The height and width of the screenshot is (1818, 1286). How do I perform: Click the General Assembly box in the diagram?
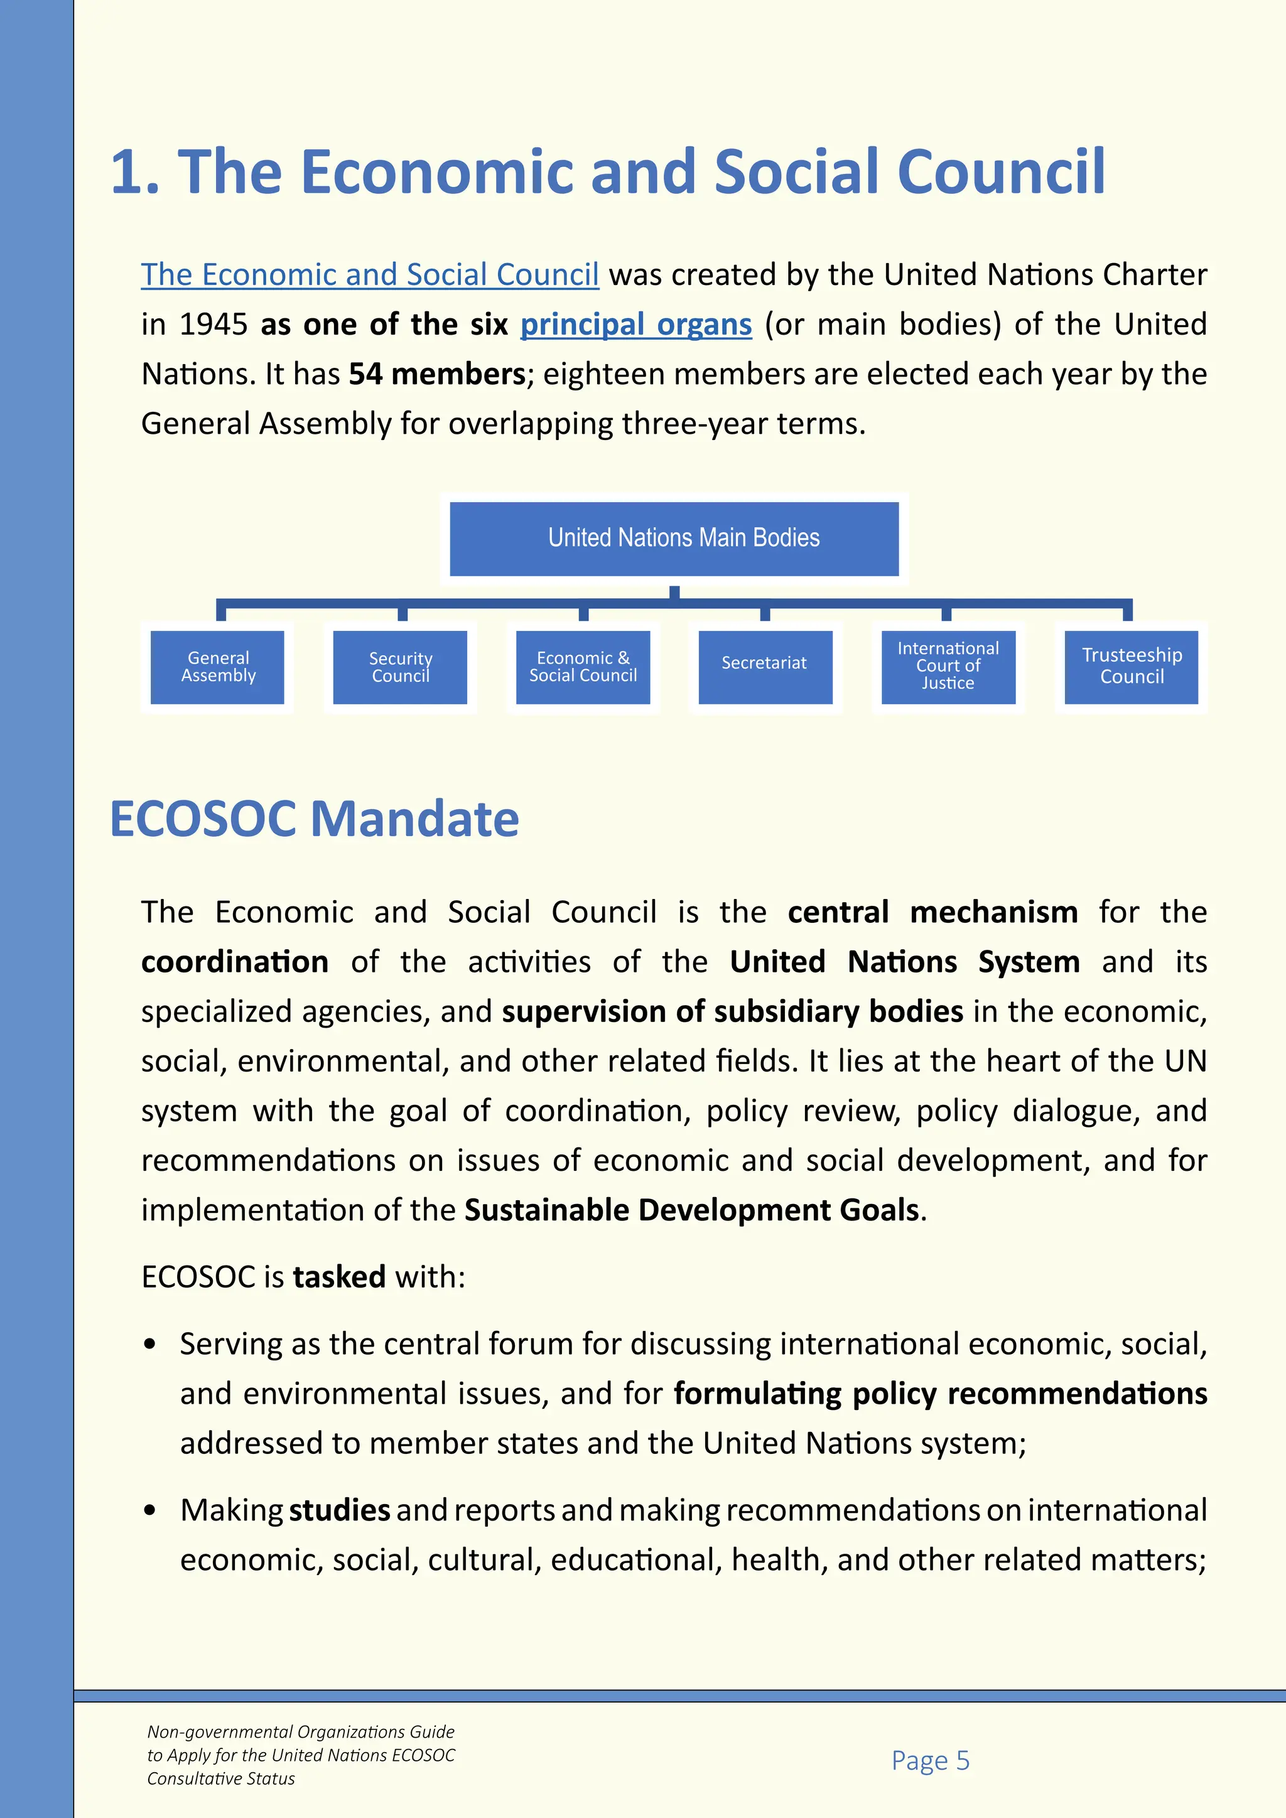tap(218, 667)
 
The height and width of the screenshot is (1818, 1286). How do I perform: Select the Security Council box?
tap(400, 667)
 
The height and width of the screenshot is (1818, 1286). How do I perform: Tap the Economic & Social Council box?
tap(583, 667)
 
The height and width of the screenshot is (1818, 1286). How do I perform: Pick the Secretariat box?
tap(764, 667)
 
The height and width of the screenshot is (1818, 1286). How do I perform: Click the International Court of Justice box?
tap(948, 667)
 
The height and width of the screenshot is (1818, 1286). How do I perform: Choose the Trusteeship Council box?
tap(1131, 667)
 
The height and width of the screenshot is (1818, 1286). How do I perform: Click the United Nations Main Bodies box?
tap(674, 539)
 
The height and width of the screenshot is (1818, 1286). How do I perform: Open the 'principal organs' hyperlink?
tap(636, 325)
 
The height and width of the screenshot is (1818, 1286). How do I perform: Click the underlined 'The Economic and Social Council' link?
tap(370, 276)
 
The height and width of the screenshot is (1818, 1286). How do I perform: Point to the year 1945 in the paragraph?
tap(213, 325)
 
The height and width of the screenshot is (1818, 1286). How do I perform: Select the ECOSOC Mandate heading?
tap(315, 819)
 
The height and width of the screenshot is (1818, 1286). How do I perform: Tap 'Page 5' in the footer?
tap(931, 1760)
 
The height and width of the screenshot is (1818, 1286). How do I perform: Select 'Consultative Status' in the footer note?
tap(221, 1778)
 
